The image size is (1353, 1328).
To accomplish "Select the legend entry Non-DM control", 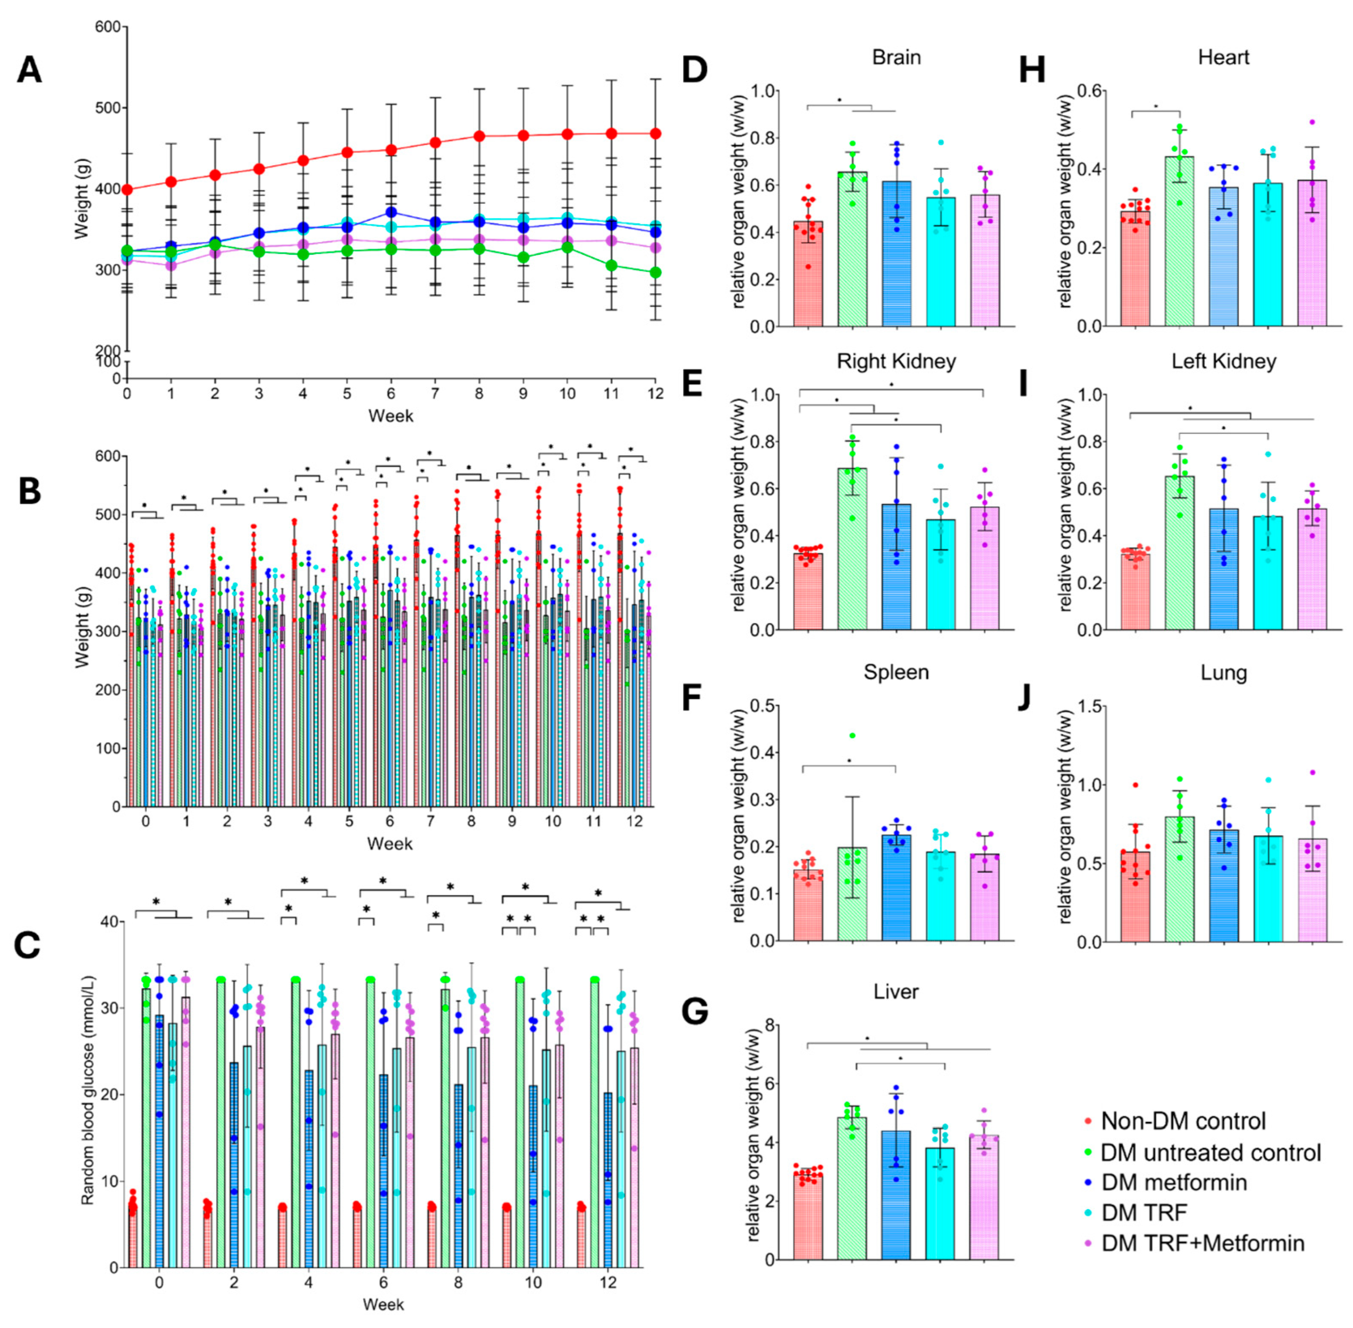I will (1183, 1121).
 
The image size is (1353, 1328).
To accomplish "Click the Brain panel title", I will (896, 57).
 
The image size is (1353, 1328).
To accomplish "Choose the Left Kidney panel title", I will (1223, 361).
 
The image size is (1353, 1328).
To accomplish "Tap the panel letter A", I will (29, 71).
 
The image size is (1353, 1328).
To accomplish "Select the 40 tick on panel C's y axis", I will (110, 921).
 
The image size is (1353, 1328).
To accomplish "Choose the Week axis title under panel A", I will (391, 416).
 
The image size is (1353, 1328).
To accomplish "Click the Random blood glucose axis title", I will (87, 1095).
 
